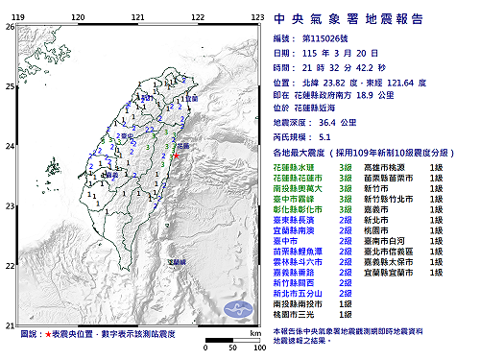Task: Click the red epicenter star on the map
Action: pyautogui.click(x=175, y=155)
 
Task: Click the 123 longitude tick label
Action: pyautogui.click(x=256, y=17)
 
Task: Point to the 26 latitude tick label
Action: pyautogui.click(x=10, y=27)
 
